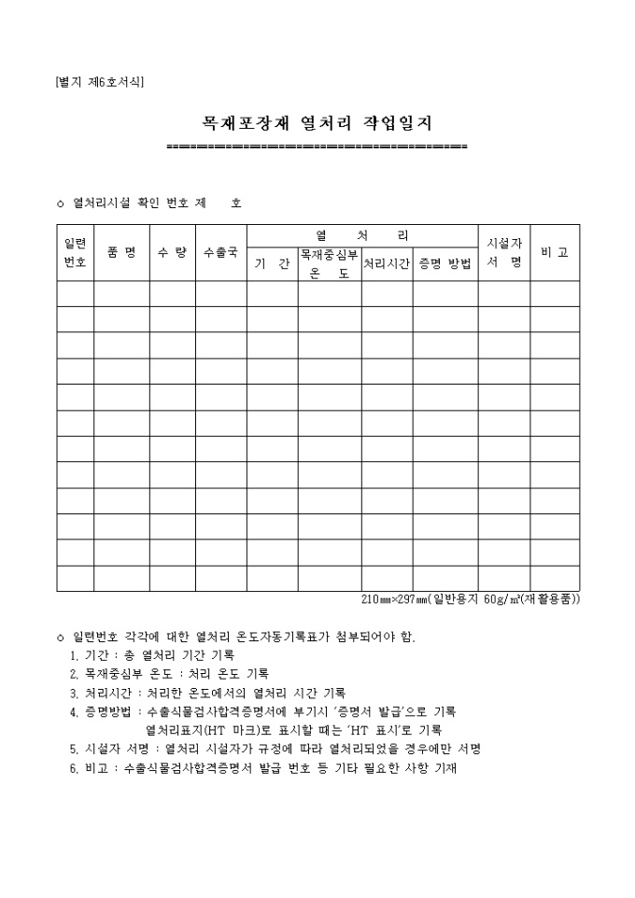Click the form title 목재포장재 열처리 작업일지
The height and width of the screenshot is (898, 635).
317,123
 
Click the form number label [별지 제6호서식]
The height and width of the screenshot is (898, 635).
99,81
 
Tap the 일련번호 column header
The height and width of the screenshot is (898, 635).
75,252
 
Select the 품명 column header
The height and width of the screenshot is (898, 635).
121,252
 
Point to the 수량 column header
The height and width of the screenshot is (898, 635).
172,252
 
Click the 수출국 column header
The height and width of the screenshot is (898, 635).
220,252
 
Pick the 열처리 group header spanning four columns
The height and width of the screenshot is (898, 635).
362,235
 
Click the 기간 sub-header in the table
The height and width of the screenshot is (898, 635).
272,264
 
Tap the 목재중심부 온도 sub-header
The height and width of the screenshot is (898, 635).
329,263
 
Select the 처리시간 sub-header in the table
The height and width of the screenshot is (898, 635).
387,264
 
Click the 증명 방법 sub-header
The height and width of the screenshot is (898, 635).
444,264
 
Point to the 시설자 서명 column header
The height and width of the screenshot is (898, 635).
503,252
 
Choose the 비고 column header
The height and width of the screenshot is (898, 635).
555,252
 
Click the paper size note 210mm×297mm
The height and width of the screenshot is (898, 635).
470,599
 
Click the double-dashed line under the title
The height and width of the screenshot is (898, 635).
317,147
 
